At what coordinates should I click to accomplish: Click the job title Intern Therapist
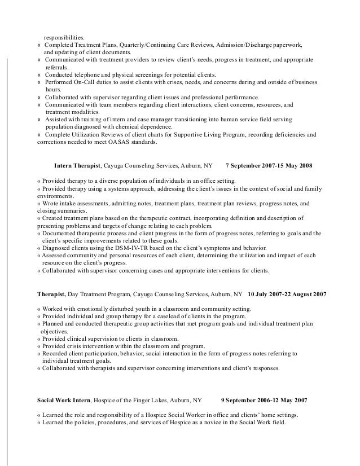[77, 166]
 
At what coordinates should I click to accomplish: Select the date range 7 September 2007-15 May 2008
[269, 166]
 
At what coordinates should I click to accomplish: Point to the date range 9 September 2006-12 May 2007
[264, 399]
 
